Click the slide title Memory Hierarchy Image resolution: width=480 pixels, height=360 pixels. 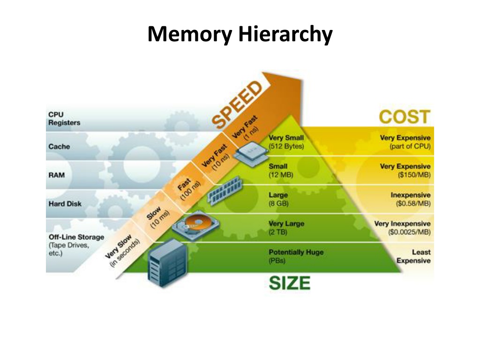240,34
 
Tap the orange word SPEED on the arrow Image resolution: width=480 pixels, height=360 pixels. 236,105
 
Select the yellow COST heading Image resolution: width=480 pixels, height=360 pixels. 404,117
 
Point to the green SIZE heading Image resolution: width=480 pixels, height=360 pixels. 289,283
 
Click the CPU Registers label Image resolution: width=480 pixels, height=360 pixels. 64,119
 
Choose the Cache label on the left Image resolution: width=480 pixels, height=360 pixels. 59,147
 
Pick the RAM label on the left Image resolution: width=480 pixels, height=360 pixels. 57,175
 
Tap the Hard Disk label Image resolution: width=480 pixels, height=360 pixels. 65,204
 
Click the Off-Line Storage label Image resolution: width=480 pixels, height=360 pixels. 76,237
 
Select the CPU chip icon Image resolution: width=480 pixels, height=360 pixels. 250,151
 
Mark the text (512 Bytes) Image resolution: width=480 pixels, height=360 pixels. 286,146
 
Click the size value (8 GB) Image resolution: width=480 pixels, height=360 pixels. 278,204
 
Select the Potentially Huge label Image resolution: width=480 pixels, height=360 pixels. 296,252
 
